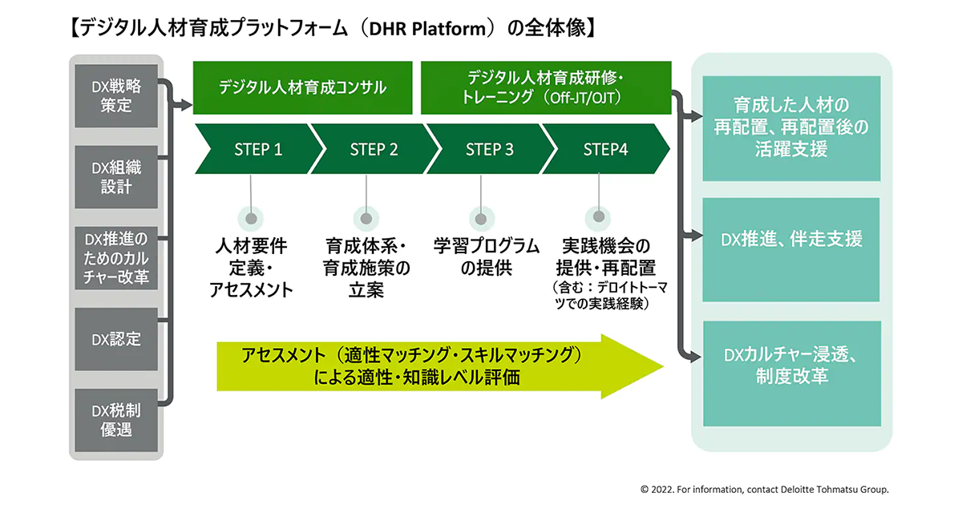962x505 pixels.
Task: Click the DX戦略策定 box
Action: tap(115, 96)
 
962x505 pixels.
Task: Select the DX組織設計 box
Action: tap(115, 177)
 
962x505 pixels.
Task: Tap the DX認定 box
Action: tap(115, 339)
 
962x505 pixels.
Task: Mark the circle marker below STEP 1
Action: tap(252, 218)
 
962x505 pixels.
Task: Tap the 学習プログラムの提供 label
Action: tap(486, 257)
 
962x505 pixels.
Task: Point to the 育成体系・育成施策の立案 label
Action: tap(367, 268)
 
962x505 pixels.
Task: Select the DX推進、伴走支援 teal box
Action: tap(791, 239)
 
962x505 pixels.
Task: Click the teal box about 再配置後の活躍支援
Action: tap(791, 128)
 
